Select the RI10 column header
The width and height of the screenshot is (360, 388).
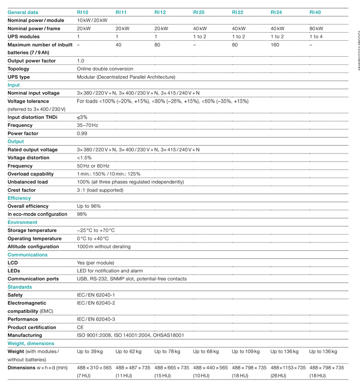tap(83, 12)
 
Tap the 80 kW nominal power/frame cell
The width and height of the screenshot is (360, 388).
tap(316, 29)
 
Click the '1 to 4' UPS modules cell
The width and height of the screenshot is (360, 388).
tap(316, 37)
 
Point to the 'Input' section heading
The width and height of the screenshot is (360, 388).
tap(14, 85)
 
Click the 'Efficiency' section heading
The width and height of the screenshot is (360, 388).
tap(19, 198)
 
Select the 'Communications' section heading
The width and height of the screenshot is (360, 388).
tap(28, 255)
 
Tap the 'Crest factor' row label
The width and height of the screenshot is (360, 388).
tap(22, 190)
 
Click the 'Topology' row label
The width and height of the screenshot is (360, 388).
tap(19, 69)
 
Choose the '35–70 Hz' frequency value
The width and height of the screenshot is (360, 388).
tap(88, 125)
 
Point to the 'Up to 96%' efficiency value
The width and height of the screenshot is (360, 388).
tap(89, 206)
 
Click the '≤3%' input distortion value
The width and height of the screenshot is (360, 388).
tap(82, 117)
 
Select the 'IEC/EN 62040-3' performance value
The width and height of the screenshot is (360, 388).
tap(96, 319)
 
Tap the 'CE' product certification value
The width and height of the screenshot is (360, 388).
tap(80, 327)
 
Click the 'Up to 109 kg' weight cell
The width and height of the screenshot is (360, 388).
tap(246, 351)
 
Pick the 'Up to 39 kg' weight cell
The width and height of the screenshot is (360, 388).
tap(90, 351)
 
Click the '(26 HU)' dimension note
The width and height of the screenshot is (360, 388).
tap(279, 376)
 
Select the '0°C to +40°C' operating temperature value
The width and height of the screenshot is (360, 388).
tap(93, 239)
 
